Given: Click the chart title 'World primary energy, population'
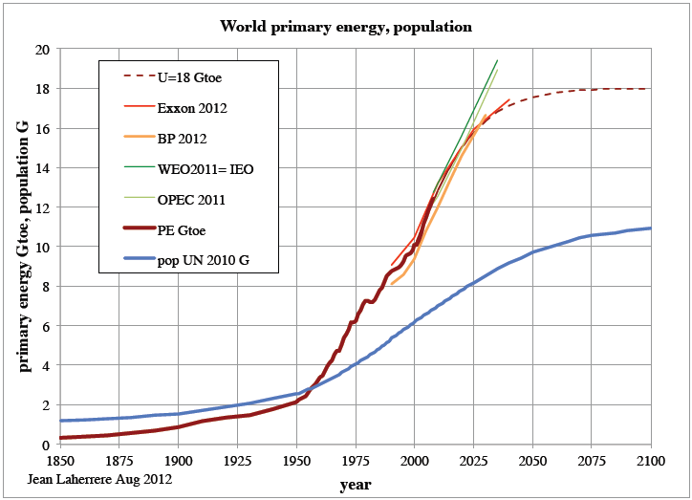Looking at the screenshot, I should (x=346, y=26).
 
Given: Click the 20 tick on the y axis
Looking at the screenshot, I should (x=43, y=49).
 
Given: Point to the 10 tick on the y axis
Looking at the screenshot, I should (x=43, y=247).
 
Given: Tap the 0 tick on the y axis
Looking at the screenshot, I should (x=46, y=445).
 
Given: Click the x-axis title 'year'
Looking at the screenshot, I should (x=355, y=485).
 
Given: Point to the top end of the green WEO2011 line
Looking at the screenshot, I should (x=497, y=60).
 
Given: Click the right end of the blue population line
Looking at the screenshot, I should (x=651, y=228).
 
